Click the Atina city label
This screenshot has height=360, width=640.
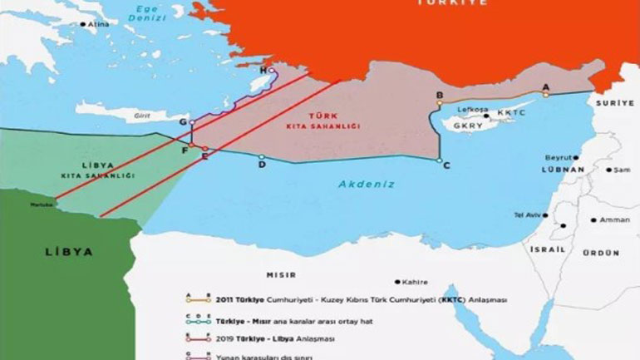[99, 25]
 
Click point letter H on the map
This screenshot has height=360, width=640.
[263, 71]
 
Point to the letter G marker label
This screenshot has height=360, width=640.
[182, 122]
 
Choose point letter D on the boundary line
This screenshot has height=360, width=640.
[262, 165]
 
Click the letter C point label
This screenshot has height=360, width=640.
[446, 165]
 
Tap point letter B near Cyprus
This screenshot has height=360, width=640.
[439, 96]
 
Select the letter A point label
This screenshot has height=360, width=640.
[545, 86]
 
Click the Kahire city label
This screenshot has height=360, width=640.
[413, 282]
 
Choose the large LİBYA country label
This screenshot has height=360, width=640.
[70, 251]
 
